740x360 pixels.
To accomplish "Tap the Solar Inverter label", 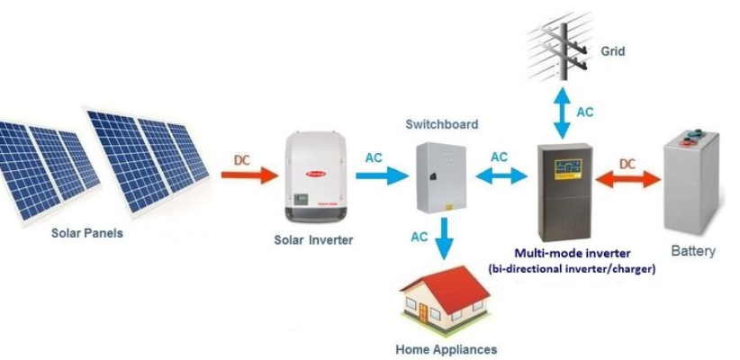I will pyautogui.click(x=313, y=240).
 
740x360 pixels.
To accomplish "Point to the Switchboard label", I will pyautogui.click(x=441, y=123).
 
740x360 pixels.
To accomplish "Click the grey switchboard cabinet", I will pyautogui.click(x=442, y=176).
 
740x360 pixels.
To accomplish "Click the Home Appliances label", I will pyautogui.click(x=446, y=348).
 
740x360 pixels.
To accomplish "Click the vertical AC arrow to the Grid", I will pyautogui.click(x=561, y=112).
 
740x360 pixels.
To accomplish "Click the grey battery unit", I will pyautogui.click(x=692, y=180).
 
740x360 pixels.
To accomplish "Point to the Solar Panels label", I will pyautogui.click(x=86, y=233).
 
